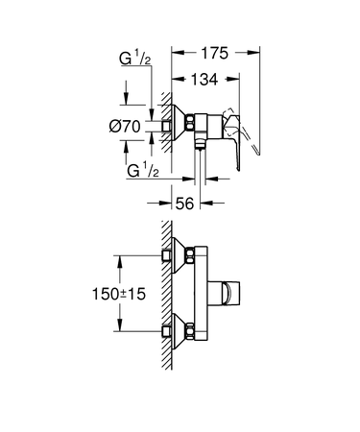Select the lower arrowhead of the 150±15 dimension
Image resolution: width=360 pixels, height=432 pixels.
[120, 330]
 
